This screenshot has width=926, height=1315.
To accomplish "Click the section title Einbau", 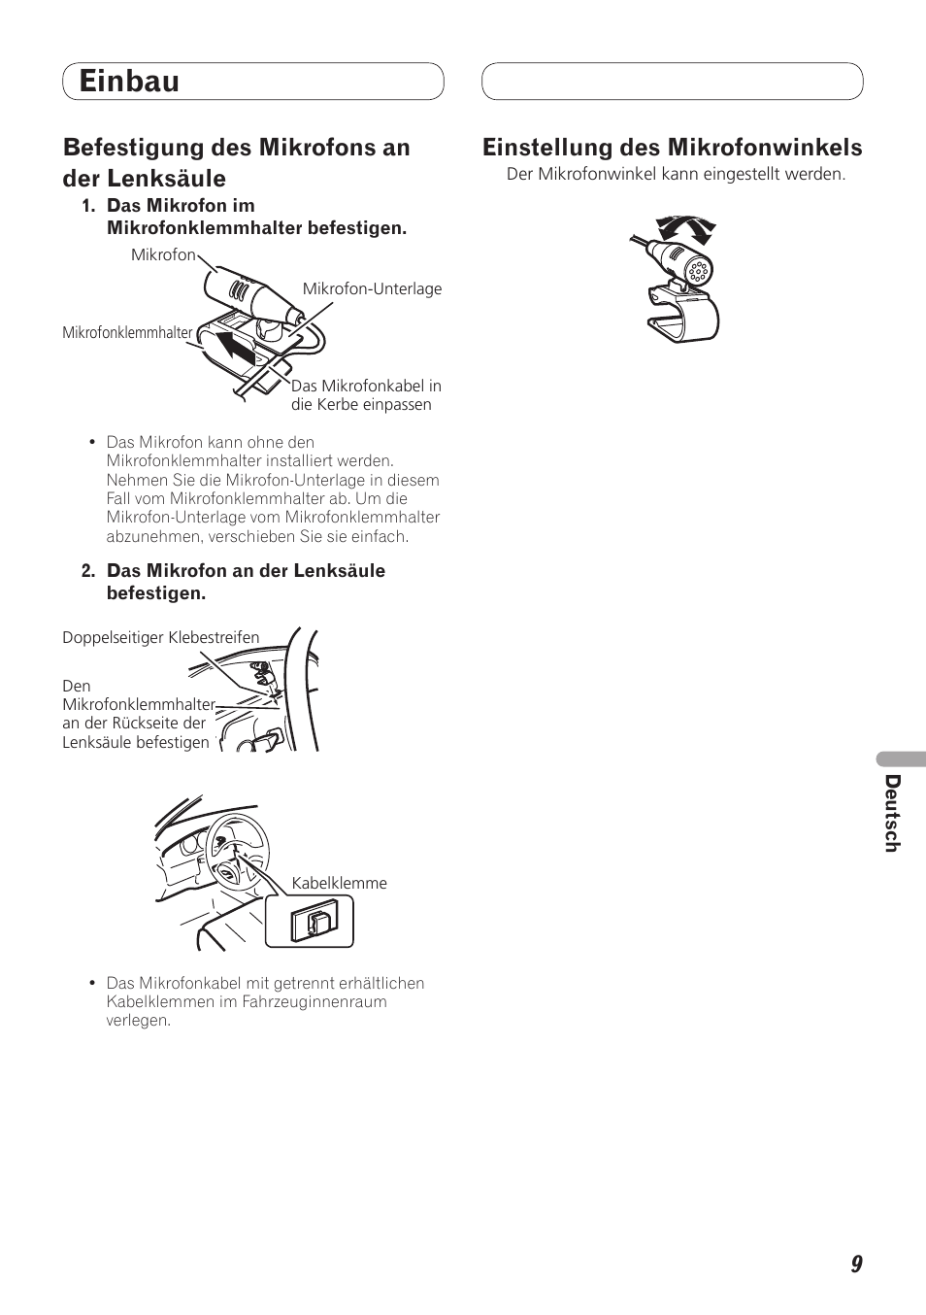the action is click(x=129, y=81).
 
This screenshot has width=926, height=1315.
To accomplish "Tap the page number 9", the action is click(x=856, y=1264).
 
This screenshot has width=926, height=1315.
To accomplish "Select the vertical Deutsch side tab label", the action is click(x=892, y=813).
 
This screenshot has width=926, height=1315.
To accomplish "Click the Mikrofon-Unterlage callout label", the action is click(x=372, y=288).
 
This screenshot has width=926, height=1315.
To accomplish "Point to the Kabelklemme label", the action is click(x=339, y=883).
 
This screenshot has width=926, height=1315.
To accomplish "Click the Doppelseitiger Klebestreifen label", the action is click(x=161, y=637).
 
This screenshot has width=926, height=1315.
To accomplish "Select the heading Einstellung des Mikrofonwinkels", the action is click(x=673, y=148).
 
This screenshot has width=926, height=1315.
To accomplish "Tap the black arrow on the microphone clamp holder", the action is click(x=234, y=348).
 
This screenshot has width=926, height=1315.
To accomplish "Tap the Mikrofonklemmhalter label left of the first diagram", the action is click(x=127, y=333).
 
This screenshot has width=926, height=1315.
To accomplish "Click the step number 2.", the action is click(x=88, y=571).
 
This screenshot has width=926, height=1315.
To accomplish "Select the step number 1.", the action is click(x=88, y=206).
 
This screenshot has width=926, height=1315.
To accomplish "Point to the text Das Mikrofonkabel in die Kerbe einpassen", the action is click(x=366, y=395).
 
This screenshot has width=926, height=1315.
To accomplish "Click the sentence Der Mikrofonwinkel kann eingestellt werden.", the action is click(x=676, y=175).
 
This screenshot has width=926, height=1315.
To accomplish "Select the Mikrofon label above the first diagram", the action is click(x=163, y=254).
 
